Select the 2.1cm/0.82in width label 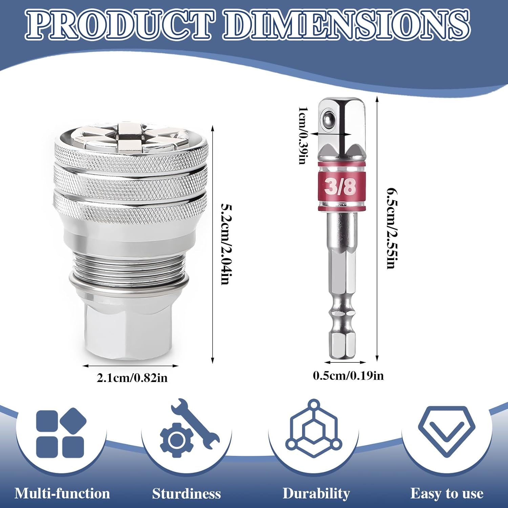pyautogui.click(x=132, y=378)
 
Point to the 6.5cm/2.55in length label pyautogui.click(x=392, y=228)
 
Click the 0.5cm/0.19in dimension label pyautogui.click(x=348, y=376)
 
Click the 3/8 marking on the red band pyautogui.click(x=340, y=187)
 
